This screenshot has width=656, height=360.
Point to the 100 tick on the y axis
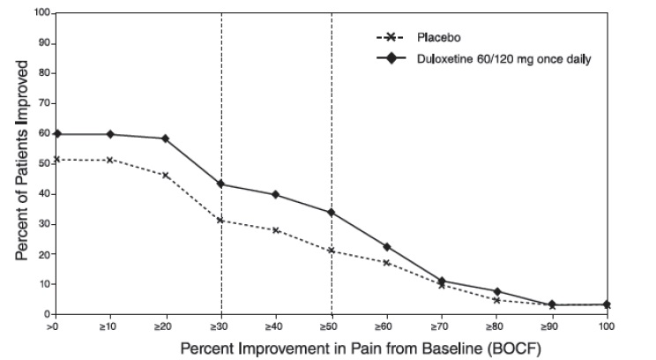(x=41, y=14)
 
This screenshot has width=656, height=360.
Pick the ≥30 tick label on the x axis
(x=220, y=326)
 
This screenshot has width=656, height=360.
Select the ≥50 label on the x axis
(x=332, y=326)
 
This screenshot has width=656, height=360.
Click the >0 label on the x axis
(x=55, y=326)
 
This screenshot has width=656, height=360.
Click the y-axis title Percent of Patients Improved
(x=20, y=164)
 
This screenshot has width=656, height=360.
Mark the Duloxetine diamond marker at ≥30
(x=220, y=184)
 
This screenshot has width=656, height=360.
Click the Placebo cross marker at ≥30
(x=220, y=221)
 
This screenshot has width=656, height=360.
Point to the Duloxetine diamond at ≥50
(x=332, y=213)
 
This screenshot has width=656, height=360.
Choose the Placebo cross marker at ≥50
(x=332, y=251)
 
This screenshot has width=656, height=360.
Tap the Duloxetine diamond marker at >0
(x=56, y=134)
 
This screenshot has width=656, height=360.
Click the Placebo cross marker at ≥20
(x=166, y=176)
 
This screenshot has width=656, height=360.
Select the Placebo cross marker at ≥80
(x=497, y=300)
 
